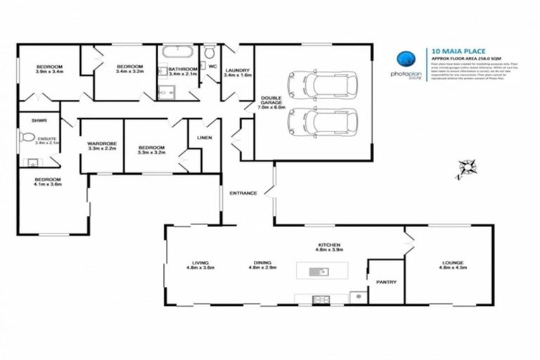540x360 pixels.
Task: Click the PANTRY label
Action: click(x=386, y=283)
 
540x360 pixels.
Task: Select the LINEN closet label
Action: click(x=205, y=138)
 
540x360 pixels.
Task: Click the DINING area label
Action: click(x=264, y=265)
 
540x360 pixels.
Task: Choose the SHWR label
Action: click(x=29, y=119)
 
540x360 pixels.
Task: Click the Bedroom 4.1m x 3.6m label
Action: click(x=49, y=181)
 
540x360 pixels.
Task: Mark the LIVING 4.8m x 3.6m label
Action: click(x=200, y=265)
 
